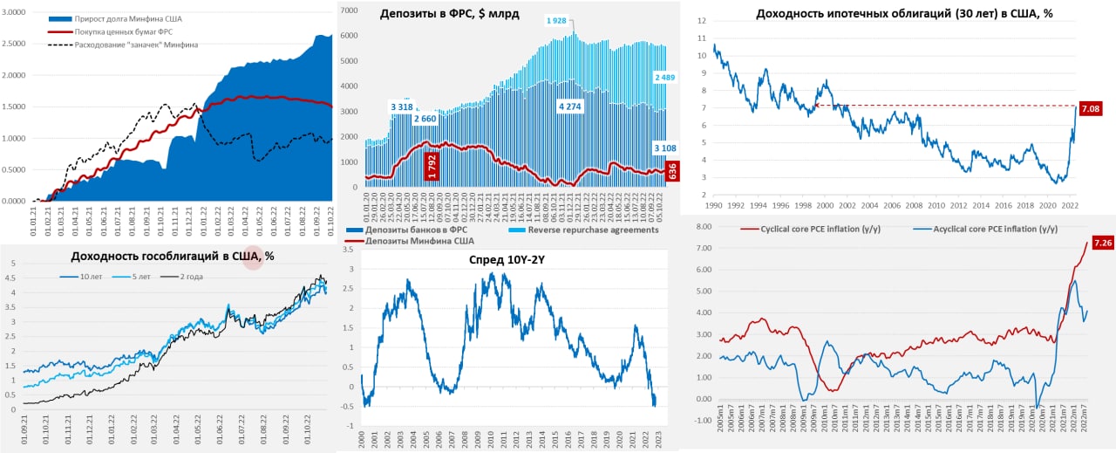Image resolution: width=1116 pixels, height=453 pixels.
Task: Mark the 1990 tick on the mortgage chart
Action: pyautogui.click(x=713, y=206)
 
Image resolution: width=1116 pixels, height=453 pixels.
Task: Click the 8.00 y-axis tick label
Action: pyautogui.click(x=700, y=226)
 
